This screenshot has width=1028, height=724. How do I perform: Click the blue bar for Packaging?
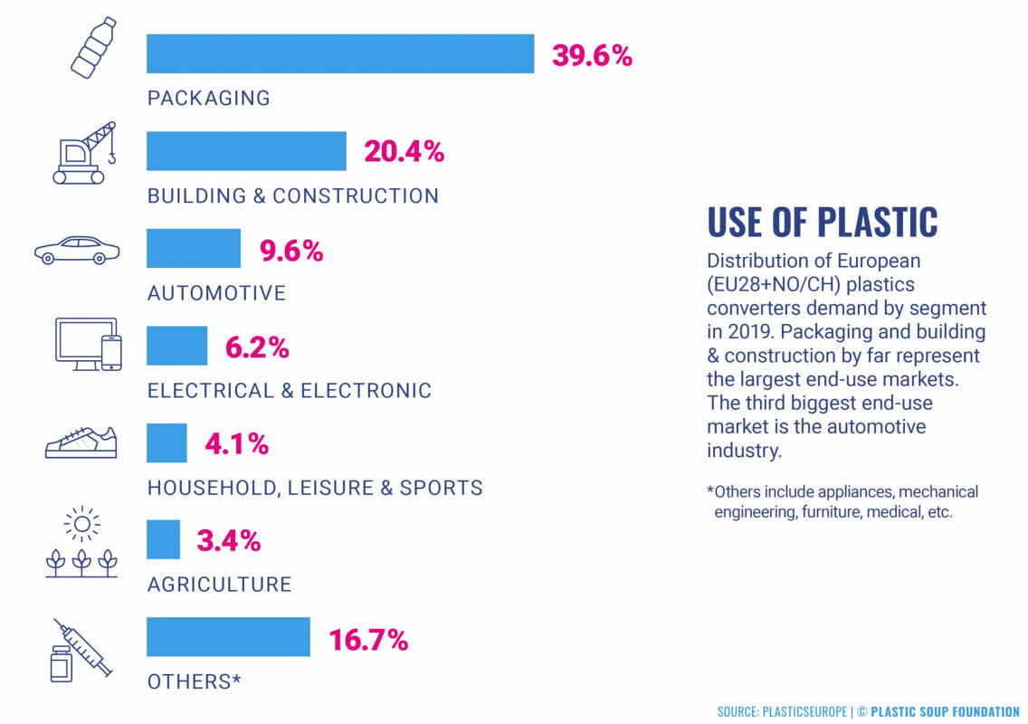[x=340, y=53]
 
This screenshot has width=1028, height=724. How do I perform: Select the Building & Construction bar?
[x=246, y=151]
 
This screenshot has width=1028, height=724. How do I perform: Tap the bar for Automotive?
[x=194, y=248]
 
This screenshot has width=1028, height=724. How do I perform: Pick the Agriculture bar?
[x=163, y=539]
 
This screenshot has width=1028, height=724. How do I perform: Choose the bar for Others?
[x=228, y=636]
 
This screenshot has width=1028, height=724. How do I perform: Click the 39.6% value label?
[x=592, y=56]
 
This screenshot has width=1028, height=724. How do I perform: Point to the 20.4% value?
[x=404, y=152]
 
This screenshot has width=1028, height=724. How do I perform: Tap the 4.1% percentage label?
[x=236, y=444]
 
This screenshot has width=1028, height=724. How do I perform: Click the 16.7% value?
[x=367, y=641]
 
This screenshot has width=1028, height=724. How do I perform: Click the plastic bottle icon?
[x=93, y=47]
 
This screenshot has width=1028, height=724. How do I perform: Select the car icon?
[x=76, y=250]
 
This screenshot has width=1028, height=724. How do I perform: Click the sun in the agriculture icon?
[x=82, y=524]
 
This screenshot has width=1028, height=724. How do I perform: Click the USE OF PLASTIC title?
[x=822, y=223]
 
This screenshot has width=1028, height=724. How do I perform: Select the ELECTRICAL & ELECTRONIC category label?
[x=290, y=391]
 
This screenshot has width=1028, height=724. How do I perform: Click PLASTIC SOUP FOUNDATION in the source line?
[x=945, y=712]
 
